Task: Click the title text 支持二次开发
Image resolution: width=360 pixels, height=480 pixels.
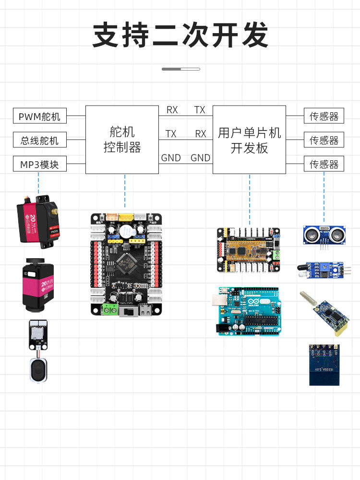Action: [180, 35]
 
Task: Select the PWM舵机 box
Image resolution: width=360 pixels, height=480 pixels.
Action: [39, 116]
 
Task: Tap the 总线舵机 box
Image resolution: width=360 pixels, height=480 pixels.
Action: [39, 140]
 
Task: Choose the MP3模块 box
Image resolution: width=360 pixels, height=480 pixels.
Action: [39, 164]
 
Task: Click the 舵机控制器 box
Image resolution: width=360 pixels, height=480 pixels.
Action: [122, 140]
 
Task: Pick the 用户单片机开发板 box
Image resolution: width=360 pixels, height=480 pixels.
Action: [249, 140]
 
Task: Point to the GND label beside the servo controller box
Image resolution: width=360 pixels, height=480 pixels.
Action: [170, 157]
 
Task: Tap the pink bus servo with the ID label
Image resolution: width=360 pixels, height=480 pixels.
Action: [38, 284]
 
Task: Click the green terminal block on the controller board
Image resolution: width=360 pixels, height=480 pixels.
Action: [110, 310]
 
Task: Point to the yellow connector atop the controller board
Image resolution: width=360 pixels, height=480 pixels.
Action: [126, 217]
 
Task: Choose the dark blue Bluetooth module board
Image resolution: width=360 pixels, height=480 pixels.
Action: [324, 364]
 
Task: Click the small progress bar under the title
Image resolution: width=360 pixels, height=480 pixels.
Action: [180, 69]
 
